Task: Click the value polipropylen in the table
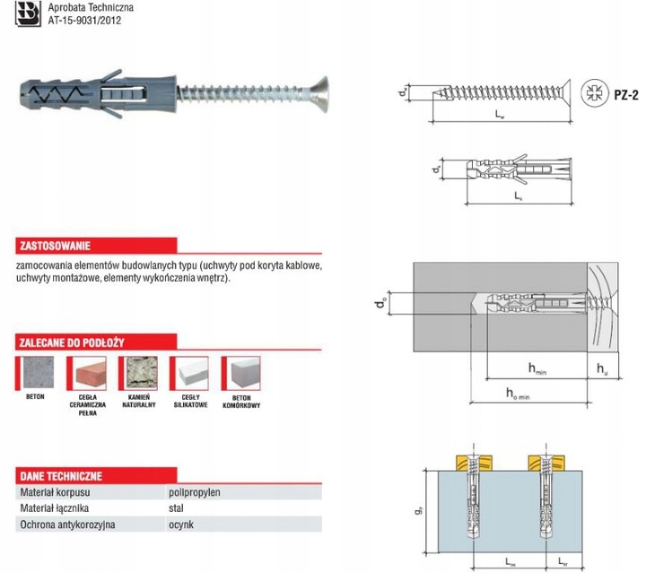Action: (x=195, y=492)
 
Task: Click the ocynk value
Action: (x=179, y=525)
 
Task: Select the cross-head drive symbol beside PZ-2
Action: (x=592, y=91)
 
